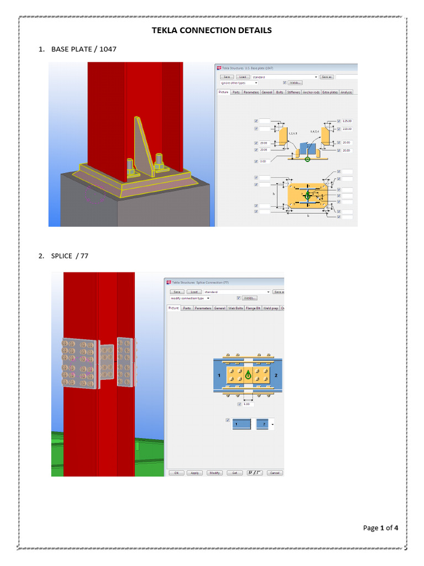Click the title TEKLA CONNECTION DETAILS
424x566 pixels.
[x=212, y=30]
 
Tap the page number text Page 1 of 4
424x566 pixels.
[x=380, y=528]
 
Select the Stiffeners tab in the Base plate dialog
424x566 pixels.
[x=294, y=92]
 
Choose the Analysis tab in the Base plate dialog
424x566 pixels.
[x=346, y=92]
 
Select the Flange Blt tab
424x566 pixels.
[x=253, y=308]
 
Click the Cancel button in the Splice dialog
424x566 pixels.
[x=274, y=473]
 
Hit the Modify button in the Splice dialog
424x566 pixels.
[x=214, y=473]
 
